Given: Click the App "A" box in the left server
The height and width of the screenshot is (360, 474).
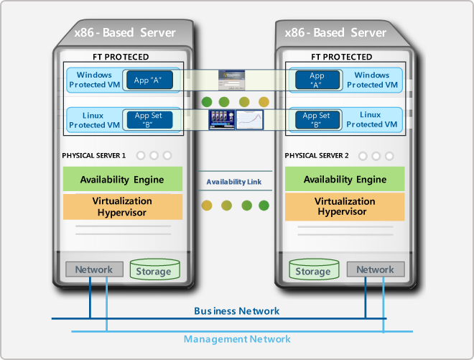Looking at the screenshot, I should (149, 80).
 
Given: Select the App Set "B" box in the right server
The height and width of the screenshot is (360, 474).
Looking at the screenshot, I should (316, 120).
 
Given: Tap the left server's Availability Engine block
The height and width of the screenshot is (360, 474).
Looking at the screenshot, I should (122, 179).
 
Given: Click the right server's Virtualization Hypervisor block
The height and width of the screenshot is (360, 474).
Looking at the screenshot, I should (345, 206).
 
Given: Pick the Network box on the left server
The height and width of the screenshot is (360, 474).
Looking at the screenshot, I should (94, 269).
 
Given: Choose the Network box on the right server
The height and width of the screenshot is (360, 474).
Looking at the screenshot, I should (375, 269).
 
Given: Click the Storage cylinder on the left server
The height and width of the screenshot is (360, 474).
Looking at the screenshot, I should (154, 271).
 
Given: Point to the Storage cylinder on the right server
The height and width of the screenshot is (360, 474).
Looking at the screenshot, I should (313, 271).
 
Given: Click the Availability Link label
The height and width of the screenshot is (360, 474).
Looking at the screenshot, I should (234, 182).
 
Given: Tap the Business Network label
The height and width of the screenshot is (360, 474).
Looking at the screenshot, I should (237, 311).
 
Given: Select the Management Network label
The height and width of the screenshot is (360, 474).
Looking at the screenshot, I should (237, 338).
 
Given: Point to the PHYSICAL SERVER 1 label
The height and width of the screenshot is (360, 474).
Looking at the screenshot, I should (94, 155).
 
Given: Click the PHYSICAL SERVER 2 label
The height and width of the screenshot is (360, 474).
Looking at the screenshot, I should (317, 155).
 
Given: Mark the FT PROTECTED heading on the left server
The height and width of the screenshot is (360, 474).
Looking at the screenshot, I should (121, 57).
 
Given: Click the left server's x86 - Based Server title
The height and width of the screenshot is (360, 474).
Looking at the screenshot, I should (125, 32).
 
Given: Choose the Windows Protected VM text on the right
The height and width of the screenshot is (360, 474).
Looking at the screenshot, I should (372, 80).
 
